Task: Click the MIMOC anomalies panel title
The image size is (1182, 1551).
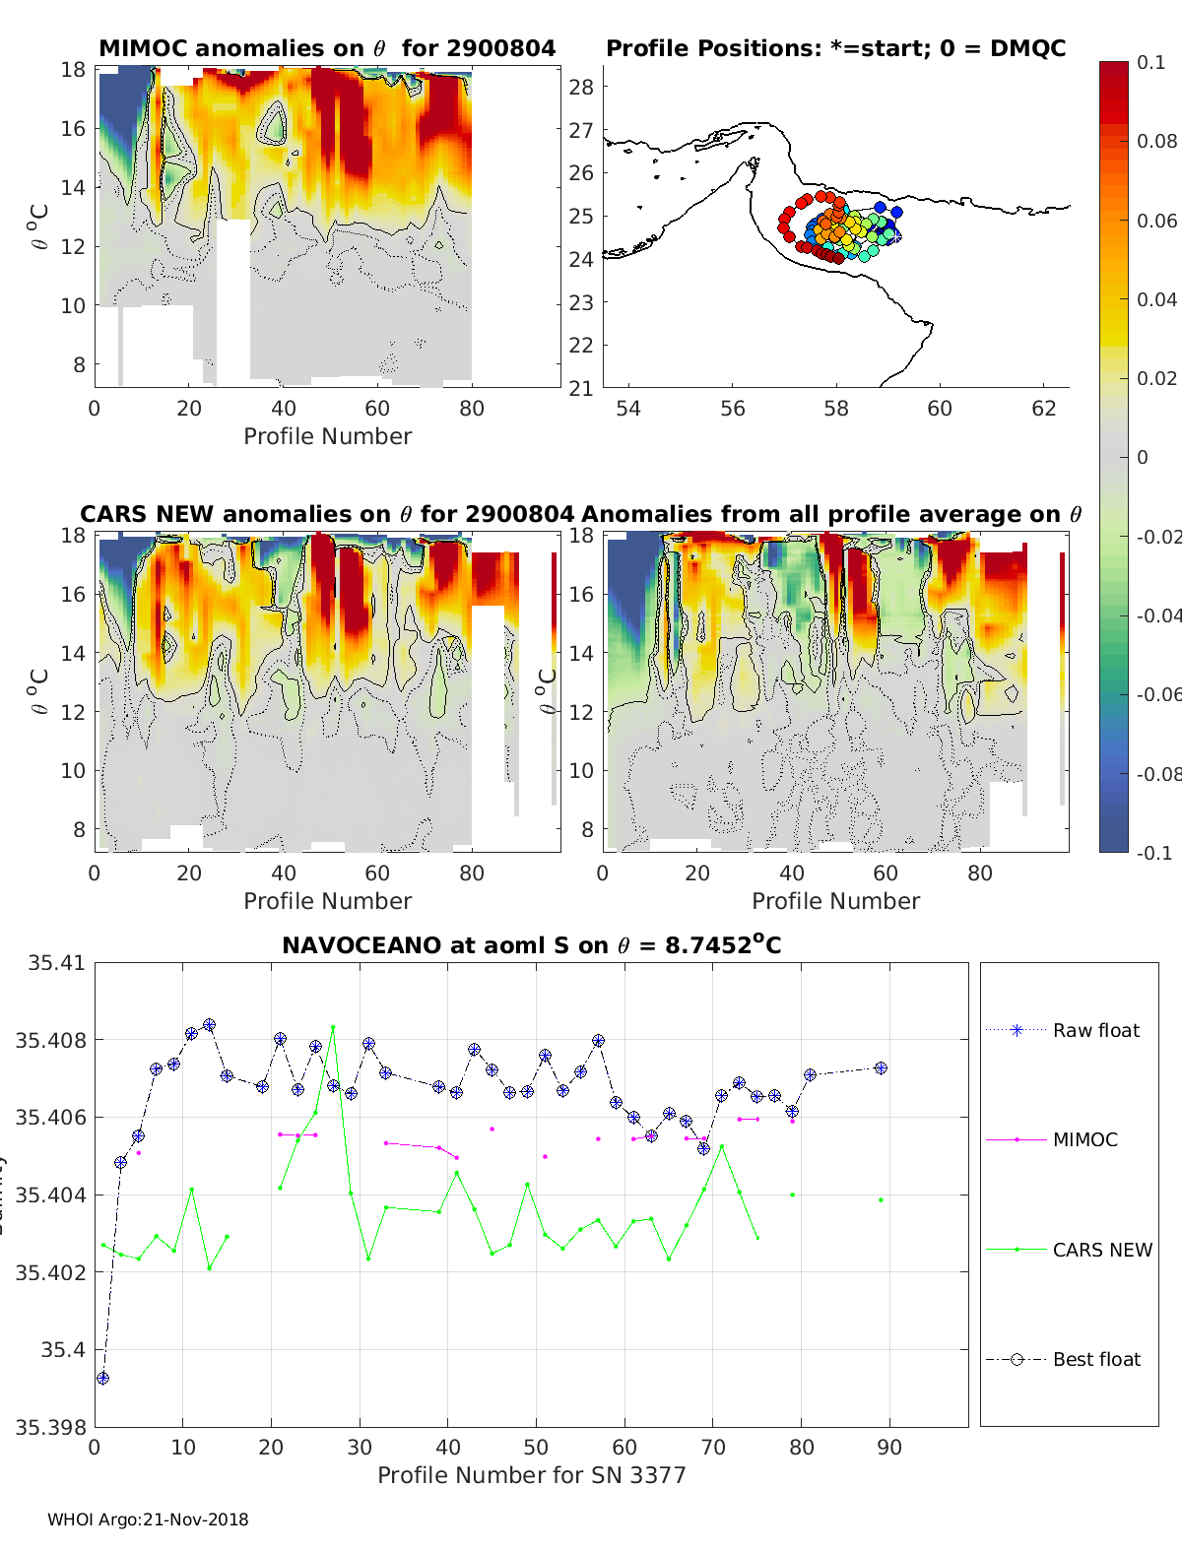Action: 327,48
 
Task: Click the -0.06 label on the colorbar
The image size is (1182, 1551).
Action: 1158,694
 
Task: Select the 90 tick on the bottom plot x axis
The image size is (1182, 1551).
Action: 889,1447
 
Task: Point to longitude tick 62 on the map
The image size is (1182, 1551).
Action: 1043,408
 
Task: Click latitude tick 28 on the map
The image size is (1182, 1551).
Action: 581,87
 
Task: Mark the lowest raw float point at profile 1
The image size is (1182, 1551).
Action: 102,1378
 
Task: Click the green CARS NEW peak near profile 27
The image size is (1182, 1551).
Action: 333,1027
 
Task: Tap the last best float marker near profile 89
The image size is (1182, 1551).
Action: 881,1067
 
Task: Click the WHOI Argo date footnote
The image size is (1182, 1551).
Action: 148,1519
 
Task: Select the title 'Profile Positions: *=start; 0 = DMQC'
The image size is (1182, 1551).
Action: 835,48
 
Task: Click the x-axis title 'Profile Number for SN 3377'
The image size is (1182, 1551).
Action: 531,1475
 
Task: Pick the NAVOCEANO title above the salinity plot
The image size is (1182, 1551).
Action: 531,945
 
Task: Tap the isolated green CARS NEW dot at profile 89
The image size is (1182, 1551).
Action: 881,1199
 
